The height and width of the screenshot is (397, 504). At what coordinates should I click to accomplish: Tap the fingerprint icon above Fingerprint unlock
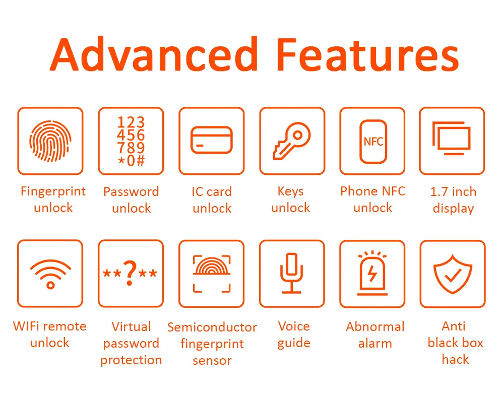pyautogui.click(x=50, y=141)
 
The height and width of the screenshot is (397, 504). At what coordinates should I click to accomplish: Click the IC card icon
pyautogui.click(x=211, y=140)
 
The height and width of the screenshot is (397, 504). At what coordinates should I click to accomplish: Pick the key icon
pyautogui.click(x=291, y=141)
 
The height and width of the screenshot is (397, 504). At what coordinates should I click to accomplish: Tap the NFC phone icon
pyautogui.click(x=373, y=141)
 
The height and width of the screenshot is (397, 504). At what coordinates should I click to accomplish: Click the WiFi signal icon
pyautogui.click(x=50, y=274)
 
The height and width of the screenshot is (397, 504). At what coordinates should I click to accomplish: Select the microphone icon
pyautogui.click(x=291, y=273)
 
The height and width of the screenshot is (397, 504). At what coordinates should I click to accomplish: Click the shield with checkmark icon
pyautogui.click(x=453, y=274)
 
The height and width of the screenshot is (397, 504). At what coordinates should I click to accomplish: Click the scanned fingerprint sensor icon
pyautogui.click(x=212, y=274)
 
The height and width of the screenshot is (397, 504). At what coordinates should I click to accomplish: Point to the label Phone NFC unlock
pyautogui.click(x=372, y=200)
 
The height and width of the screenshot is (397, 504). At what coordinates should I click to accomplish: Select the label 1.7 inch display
pyautogui.click(x=453, y=200)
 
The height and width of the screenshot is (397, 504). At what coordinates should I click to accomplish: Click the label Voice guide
pyautogui.click(x=294, y=335)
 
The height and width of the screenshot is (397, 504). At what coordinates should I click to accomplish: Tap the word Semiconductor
pyautogui.click(x=212, y=327)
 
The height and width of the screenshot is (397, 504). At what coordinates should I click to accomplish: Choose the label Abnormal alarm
pyautogui.click(x=375, y=335)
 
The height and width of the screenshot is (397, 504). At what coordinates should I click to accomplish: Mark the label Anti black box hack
pyautogui.click(x=455, y=343)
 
